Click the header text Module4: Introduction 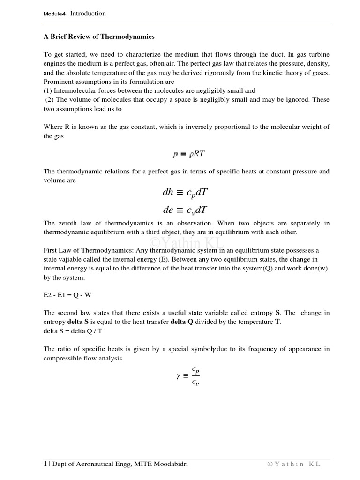(x=75, y=14)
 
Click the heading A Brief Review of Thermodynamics (x=99, y=37)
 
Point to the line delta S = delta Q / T (x=75, y=330)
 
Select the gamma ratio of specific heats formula (x=188, y=376)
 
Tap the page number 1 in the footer (x=45, y=464)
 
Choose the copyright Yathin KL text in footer (x=294, y=464)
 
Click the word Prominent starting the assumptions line (x=58, y=82)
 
